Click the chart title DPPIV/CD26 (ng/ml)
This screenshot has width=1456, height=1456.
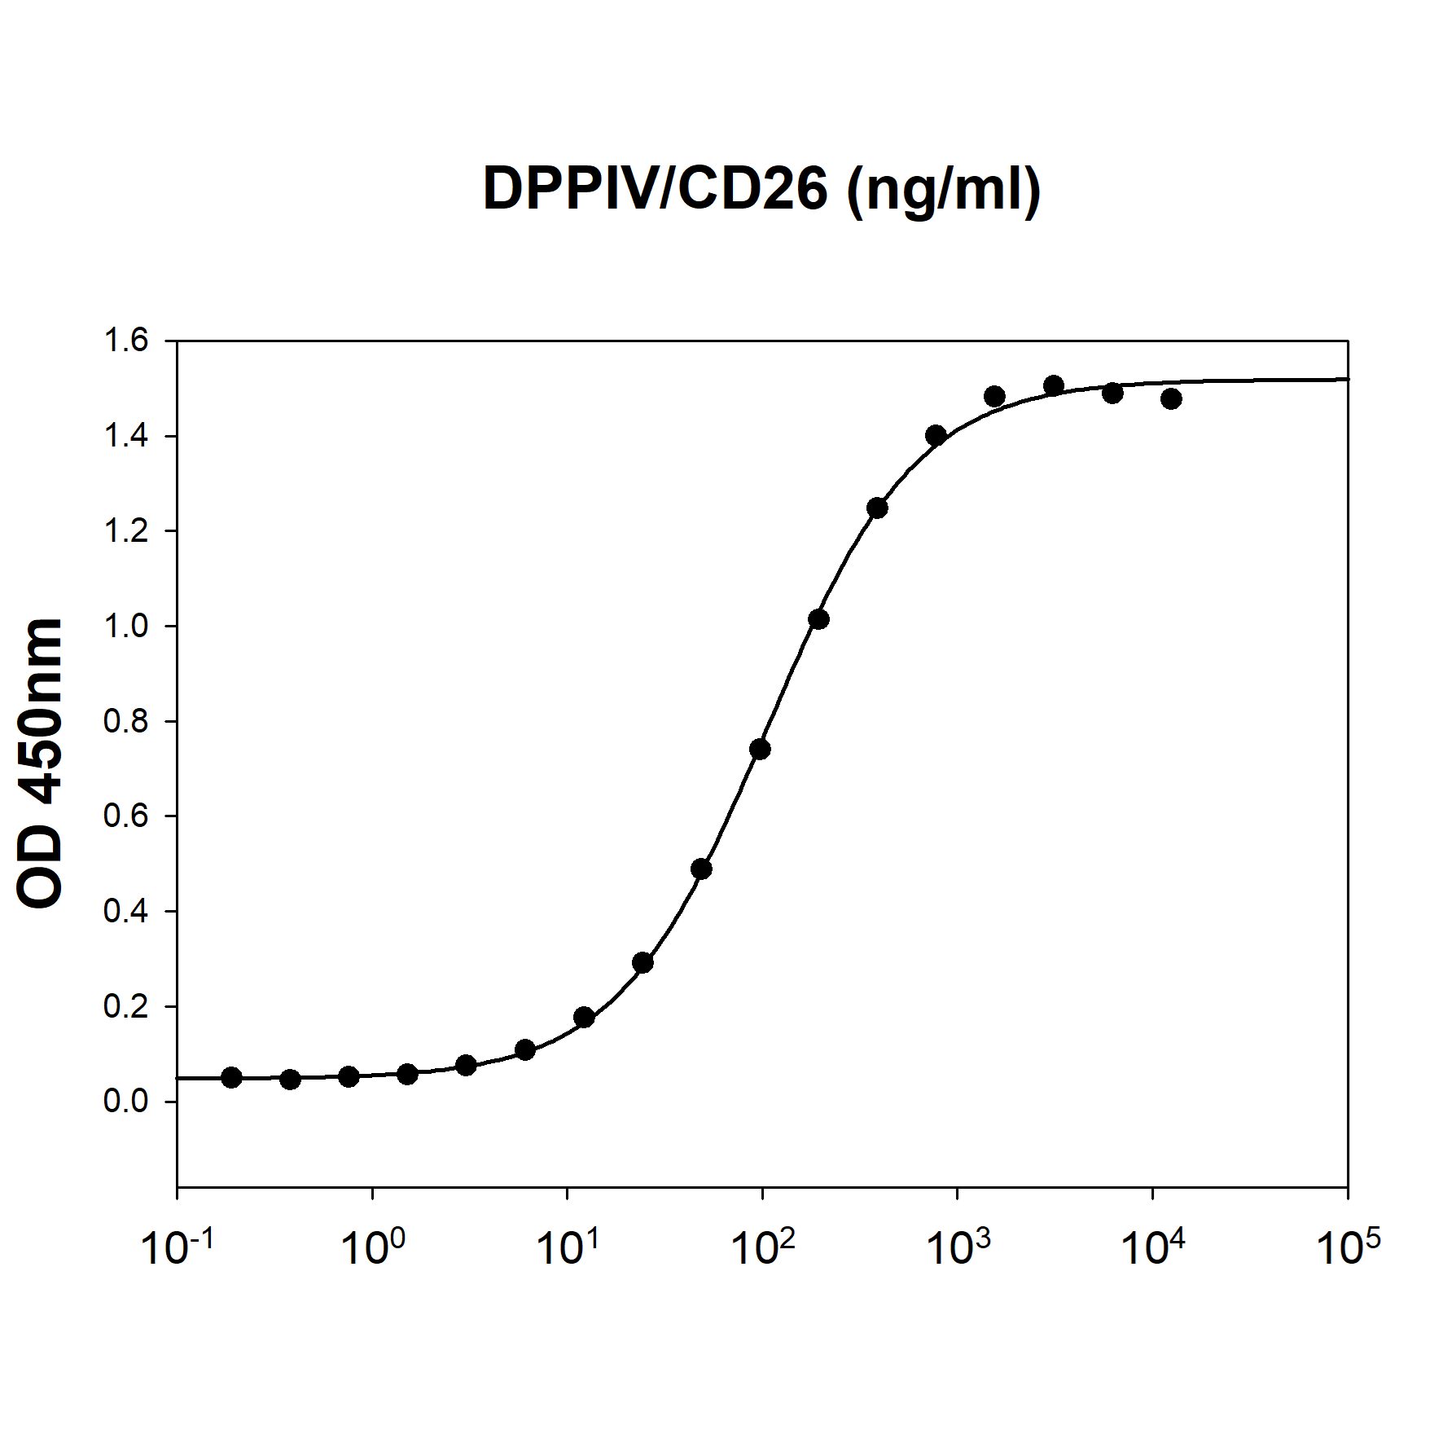[761, 189]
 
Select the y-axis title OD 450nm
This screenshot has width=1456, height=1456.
[40, 763]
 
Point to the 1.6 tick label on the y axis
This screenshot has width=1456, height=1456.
[126, 341]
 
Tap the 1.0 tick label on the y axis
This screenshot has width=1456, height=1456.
[126, 626]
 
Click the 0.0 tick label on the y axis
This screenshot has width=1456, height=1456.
[126, 1101]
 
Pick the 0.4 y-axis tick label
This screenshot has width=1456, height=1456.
[126, 911]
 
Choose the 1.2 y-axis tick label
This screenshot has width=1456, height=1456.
[126, 531]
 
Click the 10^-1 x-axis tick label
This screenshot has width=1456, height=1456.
[178, 1247]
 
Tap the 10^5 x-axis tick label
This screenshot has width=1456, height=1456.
[1349, 1247]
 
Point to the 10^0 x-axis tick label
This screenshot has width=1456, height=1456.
[373, 1247]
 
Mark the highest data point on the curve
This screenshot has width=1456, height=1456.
[1054, 385]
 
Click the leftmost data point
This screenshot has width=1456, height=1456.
[231, 1077]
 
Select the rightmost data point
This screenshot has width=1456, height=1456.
[1171, 398]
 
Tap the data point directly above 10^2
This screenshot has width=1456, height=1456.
[760, 749]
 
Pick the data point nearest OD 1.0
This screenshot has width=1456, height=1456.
[818, 619]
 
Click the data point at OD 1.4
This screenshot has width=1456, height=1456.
[936, 435]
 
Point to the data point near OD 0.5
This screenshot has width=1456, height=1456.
[701, 869]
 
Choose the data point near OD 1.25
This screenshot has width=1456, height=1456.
[877, 508]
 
